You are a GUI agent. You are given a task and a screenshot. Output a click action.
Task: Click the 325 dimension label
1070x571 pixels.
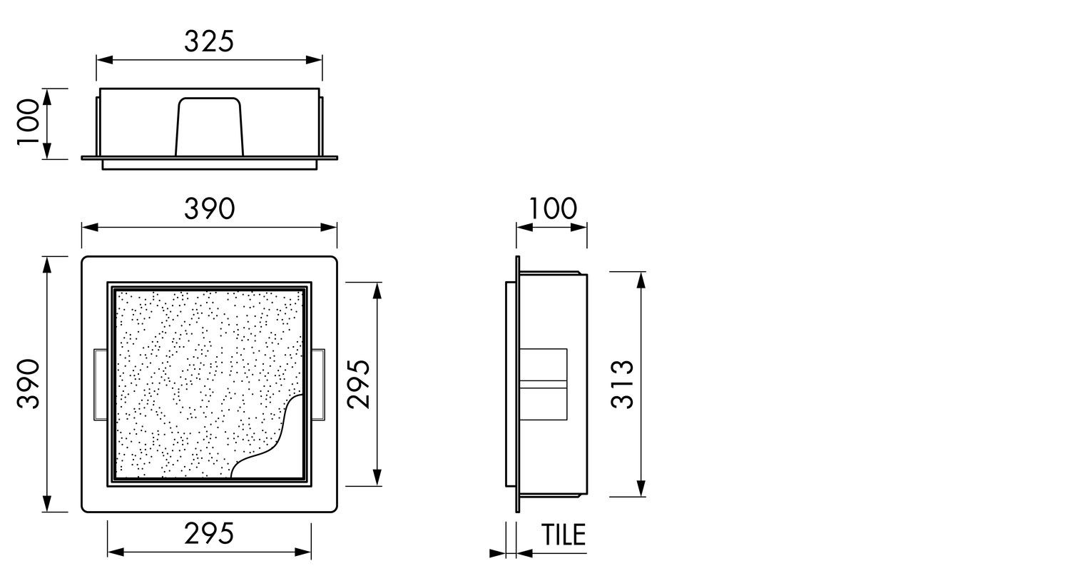coord(209,41)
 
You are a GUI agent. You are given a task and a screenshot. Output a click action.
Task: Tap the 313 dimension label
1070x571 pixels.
coord(622,384)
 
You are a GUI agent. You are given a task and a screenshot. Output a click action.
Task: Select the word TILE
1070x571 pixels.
coord(564,535)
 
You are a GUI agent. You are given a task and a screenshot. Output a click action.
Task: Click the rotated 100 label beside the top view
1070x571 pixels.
coord(28,122)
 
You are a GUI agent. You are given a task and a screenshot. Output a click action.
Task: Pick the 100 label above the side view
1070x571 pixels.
coord(553,208)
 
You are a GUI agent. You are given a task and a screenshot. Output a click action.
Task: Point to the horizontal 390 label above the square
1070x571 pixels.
coord(210,209)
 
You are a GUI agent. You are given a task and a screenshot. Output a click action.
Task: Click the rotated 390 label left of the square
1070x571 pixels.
coord(28,384)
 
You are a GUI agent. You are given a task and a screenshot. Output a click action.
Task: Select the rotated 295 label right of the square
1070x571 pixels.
coord(359,384)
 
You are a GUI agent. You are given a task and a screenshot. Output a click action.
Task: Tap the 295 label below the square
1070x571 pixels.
coord(209,534)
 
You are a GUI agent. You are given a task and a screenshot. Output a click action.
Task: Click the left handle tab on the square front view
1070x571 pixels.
coord(101,385)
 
